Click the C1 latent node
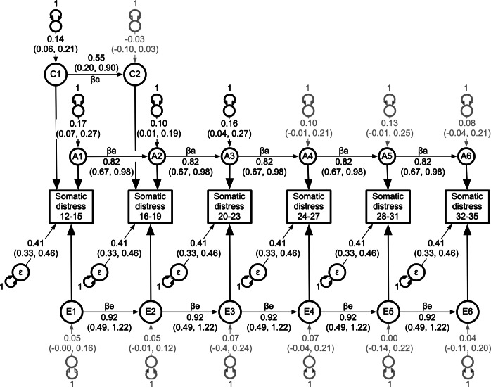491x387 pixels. pos(56,75)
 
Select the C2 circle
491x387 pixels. pos(135,75)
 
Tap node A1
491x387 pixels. pos(78,156)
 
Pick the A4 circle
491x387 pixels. pos(308,156)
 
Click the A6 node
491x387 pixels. pos(466,156)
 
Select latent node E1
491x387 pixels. pos(72,312)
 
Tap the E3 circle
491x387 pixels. pos(230,312)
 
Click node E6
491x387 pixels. pos(467,312)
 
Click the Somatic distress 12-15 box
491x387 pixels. pos(71,206)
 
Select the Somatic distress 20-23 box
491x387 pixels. pos(229,206)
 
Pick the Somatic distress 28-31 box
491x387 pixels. pos(388,206)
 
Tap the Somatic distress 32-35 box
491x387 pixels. pos(467,206)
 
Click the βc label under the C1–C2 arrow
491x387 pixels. pos(95,80)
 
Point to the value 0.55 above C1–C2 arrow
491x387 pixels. pos(96,58)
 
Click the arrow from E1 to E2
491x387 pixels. pos(111,312)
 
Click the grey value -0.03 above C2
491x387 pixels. pos(135,39)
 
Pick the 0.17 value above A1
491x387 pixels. pos(78,124)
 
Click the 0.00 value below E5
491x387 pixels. pos(389,338)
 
